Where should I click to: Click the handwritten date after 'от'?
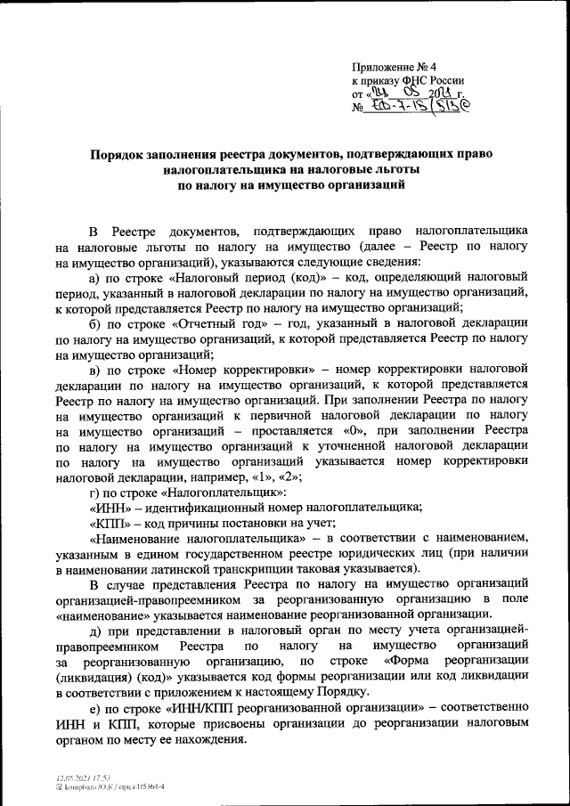click(419, 94)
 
